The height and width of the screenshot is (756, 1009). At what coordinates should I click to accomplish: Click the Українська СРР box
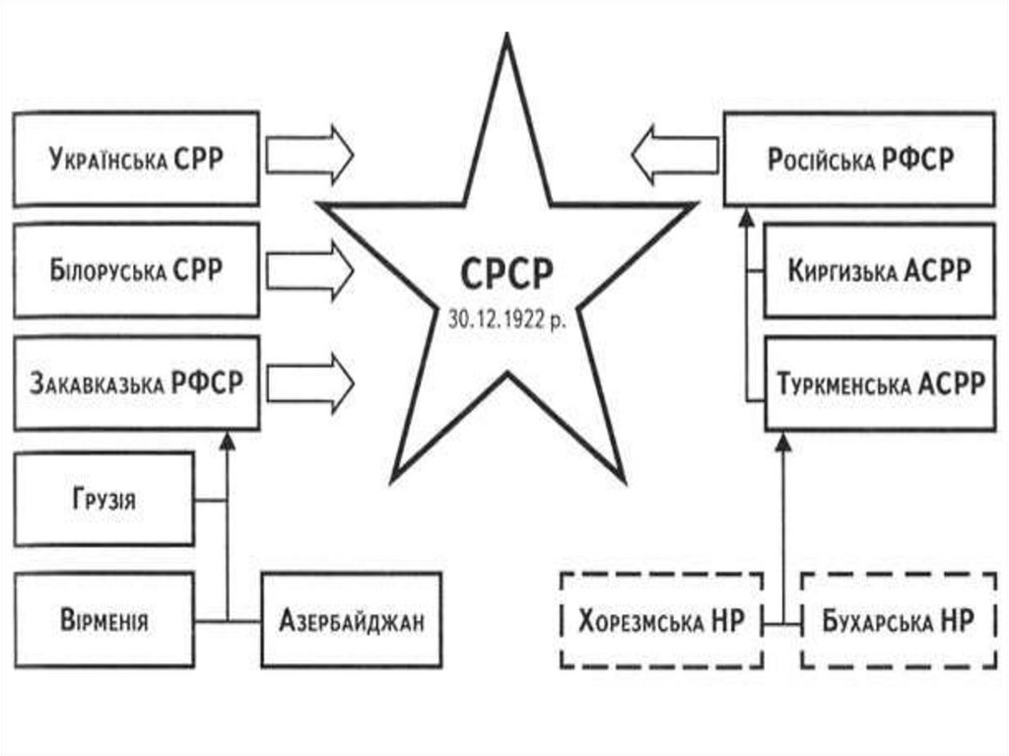click(136, 159)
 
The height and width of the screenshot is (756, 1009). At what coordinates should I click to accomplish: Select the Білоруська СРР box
click(136, 269)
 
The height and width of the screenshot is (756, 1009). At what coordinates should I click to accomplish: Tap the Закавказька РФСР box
click(136, 382)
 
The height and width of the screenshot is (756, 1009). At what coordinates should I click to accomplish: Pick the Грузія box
click(103, 499)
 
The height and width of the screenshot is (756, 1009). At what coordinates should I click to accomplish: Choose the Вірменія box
click(103, 622)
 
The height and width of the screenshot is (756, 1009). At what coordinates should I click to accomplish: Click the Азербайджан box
click(352, 622)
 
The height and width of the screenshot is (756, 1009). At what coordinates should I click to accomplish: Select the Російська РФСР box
click(859, 159)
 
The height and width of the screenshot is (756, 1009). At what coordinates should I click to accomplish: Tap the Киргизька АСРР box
click(879, 271)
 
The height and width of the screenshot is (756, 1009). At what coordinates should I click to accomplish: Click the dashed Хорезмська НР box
click(659, 622)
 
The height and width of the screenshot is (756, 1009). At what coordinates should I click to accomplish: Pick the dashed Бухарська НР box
click(896, 622)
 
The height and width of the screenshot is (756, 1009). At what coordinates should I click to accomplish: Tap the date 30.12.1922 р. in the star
click(506, 320)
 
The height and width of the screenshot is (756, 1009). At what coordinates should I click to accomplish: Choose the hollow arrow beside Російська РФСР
click(675, 155)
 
